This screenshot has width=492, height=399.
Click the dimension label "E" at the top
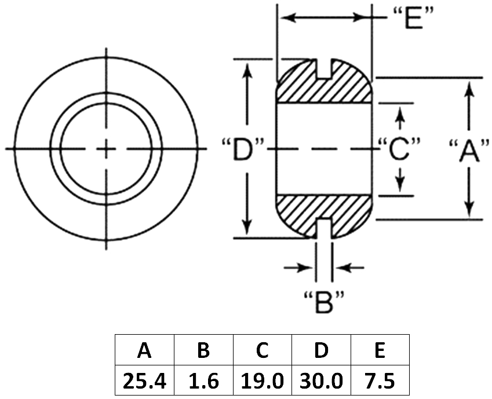[x=413, y=19]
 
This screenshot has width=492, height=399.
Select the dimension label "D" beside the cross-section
[x=243, y=149]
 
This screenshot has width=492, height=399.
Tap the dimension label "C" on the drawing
[x=399, y=149]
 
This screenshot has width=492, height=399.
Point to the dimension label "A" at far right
[x=469, y=150]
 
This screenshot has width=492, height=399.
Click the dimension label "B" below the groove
[x=324, y=302]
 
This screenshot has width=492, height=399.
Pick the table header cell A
[x=144, y=350]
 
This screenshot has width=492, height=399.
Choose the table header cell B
[x=203, y=350]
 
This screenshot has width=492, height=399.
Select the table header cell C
[x=263, y=350]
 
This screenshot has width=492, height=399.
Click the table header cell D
[x=321, y=350]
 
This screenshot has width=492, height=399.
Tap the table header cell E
[x=380, y=350]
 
